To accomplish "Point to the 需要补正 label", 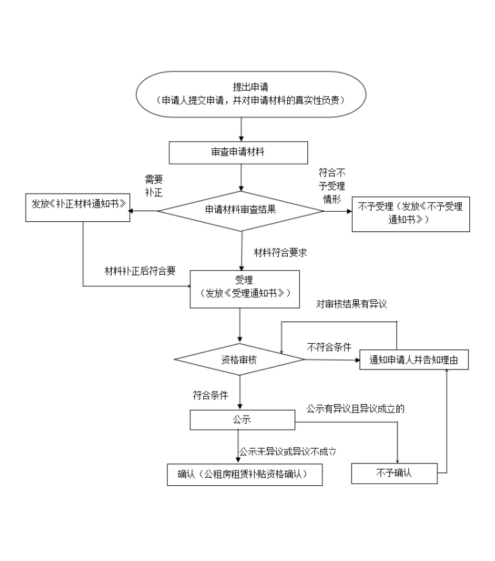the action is point(154,185).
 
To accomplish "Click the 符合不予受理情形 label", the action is point(332,185).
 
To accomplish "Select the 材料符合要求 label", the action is point(280,252).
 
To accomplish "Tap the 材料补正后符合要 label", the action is point(140,271).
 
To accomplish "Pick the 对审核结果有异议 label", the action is point(351,304).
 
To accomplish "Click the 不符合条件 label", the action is point(329,346).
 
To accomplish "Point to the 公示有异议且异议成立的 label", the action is point(356,409).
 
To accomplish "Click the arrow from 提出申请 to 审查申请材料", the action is point(241,129).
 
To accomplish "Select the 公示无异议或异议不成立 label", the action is point(288,451).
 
